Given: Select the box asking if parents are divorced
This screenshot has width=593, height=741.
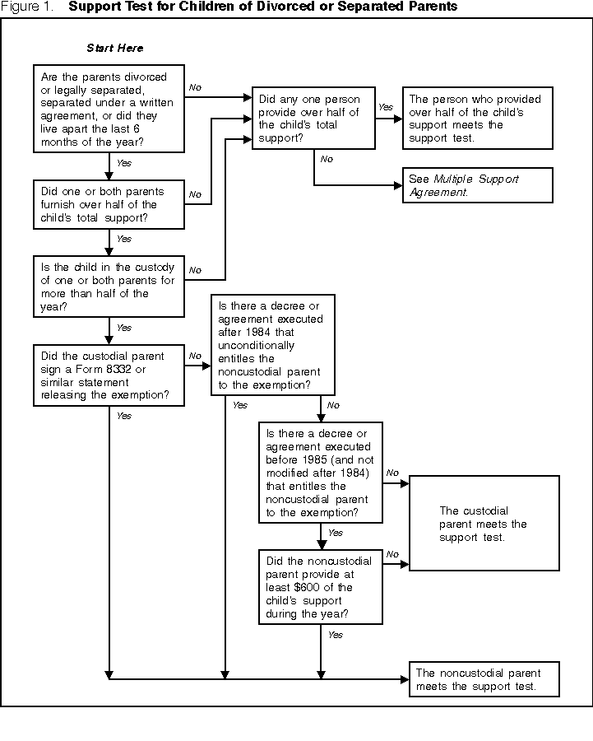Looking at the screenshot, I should tap(109, 109).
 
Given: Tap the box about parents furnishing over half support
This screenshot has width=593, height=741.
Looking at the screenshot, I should tap(109, 204).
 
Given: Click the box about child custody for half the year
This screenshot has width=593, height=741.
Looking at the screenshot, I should tap(109, 287).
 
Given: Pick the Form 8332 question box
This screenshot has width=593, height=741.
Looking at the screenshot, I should tap(109, 375).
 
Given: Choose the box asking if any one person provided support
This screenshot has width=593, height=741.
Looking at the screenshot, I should tap(313, 117).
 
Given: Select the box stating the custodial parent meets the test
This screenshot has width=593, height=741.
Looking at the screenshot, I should tap(484, 523).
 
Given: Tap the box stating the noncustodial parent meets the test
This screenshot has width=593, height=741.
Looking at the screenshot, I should tap(485, 679).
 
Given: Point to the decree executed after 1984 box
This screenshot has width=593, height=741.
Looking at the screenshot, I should tap(272, 344).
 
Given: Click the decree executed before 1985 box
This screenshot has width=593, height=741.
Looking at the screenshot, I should tap(321, 473).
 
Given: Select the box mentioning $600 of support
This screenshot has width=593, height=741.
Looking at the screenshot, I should tap(321, 587).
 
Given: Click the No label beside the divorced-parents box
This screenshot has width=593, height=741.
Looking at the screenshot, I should tap(196, 86).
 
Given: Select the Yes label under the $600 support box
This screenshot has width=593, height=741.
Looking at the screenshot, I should tap(336, 635).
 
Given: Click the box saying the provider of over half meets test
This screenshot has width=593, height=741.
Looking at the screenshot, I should tap(477, 117).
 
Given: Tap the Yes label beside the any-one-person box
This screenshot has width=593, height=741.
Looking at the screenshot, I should tap(385, 106).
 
